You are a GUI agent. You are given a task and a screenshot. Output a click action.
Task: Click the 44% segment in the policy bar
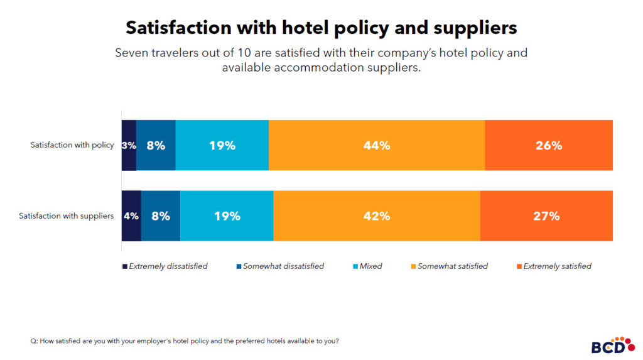[377, 145]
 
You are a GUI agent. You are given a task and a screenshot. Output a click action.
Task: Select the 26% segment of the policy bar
[549, 145]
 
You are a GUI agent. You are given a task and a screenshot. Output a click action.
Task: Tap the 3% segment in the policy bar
[129, 145]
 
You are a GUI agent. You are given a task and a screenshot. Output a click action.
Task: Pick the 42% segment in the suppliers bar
[377, 215]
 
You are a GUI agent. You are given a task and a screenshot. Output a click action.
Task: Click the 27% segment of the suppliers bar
[546, 215]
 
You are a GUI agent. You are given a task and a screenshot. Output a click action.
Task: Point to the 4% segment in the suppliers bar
[131, 215]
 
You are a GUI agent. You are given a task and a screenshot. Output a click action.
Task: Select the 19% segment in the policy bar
[222, 145]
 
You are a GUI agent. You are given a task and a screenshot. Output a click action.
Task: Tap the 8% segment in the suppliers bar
[161, 215]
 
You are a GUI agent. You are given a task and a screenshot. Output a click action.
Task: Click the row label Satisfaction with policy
[72, 145]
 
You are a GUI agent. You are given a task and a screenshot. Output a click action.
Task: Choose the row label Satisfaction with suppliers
[67, 215]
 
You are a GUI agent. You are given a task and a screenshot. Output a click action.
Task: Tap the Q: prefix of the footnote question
[34, 341]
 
